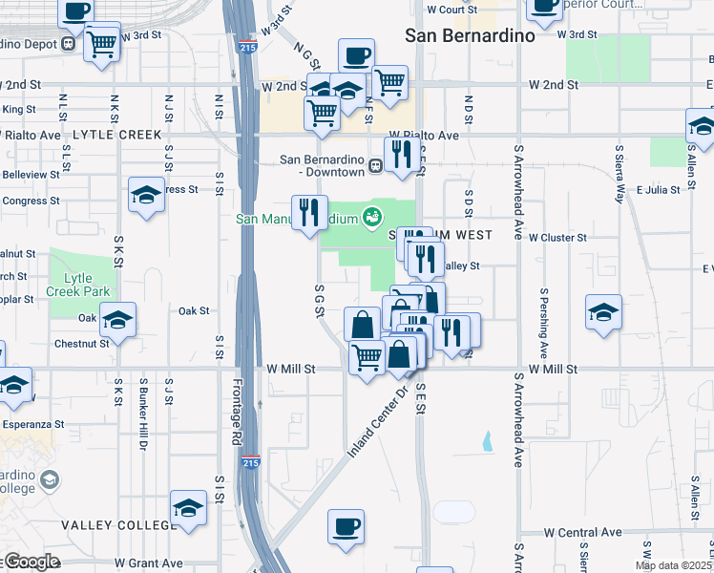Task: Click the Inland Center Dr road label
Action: [377, 421]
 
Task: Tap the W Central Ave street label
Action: [582, 532]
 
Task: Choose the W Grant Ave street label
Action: [149, 563]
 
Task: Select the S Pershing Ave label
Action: [543, 321]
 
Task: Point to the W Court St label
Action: [451, 10]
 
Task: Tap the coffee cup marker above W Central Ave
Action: [346, 526]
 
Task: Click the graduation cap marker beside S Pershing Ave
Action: [603, 312]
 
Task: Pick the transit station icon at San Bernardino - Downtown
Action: [377, 165]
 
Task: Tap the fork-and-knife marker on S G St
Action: [308, 213]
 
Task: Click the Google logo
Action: [31, 562]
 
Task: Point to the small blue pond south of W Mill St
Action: [489, 440]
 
